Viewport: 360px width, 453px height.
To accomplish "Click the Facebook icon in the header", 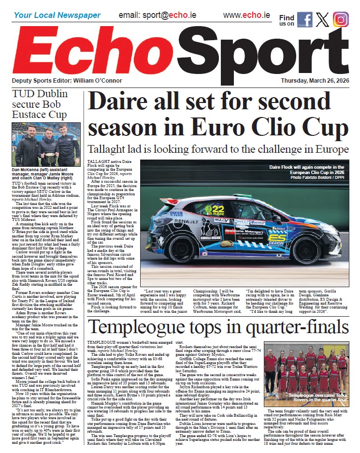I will [305, 19].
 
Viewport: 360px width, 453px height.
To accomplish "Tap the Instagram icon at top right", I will [340, 19].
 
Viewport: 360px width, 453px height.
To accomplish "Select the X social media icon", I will [323, 19].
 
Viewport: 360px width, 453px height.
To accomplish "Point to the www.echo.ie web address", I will [246, 15].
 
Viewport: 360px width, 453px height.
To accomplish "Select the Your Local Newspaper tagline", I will [57, 15].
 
